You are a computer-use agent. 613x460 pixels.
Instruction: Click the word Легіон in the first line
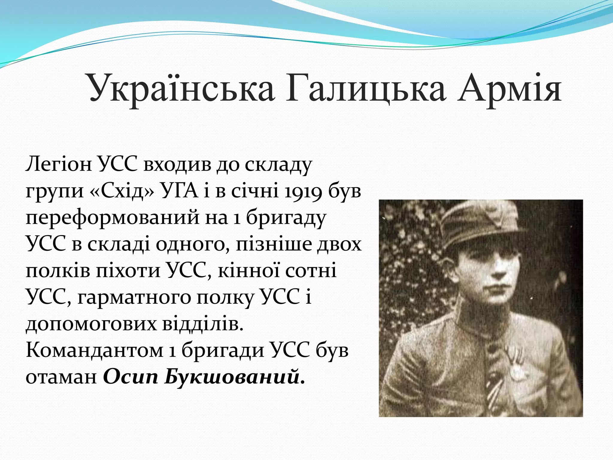(x=59, y=164)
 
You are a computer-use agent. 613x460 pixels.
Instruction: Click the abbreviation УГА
(x=179, y=191)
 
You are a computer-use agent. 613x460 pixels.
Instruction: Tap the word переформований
(x=112, y=218)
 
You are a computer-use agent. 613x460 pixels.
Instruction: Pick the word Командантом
(x=94, y=350)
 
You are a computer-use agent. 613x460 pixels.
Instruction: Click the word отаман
(x=61, y=377)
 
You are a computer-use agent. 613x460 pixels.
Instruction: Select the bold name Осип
(x=131, y=377)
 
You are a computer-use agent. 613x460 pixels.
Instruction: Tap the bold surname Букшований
(x=232, y=377)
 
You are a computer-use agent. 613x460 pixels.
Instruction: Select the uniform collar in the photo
(x=473, y=323)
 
